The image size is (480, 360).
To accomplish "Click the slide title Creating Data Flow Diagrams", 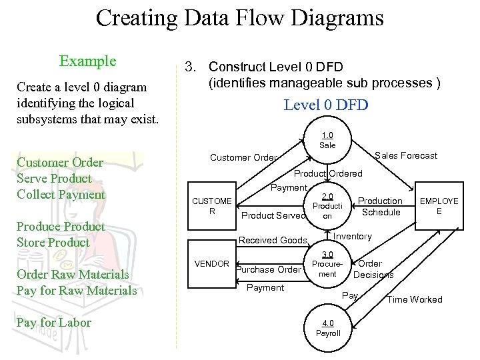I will pyautogui.click(x=239, y=17).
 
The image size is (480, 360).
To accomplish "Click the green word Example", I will pyautogui.click(x=87, y=61).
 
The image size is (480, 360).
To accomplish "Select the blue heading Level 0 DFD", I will pyautogui.click(x=326, y=105).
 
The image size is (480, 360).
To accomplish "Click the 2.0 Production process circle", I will pyautogui.click(x=327, y=206).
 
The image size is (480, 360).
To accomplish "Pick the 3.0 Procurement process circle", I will pyautogui.click(x=327, y=265).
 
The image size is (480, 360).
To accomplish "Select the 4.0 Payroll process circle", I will pyautogui.click(x=327, y=329).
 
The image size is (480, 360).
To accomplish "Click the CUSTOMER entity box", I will pyautogui.click(x=212, y=206).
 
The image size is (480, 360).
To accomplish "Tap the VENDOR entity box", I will pyautogui.click(x=212, y=264).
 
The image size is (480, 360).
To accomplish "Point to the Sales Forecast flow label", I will pyautogui.click(x=406, y=156).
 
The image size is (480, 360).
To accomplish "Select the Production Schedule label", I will pyautogui.click(x=381, y=207).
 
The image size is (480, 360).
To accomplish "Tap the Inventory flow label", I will pyautogui.click(x=353, y=237).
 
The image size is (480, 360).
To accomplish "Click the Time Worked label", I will pyautogui.click(x=415, y=300).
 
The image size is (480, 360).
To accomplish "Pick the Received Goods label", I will pyautogui.click(x=273, y=241).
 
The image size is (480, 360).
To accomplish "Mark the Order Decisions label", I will pyautogui.click(x=373, y=269).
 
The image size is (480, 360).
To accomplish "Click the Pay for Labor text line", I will pyautogui.click(x=54, y=323).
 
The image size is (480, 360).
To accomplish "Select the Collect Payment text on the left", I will pyautogui.click(x=61, y=195).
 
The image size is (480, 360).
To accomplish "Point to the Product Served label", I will pyautogui.click(x=273, y=215).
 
